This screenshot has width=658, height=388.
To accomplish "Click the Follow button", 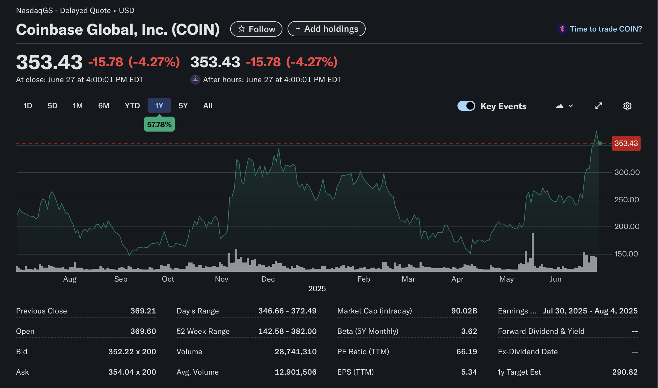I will click(x=256, y=29).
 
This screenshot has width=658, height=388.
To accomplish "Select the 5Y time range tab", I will click(x=183, y=106).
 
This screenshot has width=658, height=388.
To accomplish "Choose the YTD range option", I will click(x=132, y=106).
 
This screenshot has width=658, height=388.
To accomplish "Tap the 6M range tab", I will click(x=104, y=106).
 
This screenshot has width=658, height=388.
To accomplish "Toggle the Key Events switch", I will click(x=466, y=106).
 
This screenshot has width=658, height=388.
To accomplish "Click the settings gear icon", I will click(x=627, y=106).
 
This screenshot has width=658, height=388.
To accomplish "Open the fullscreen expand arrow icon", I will click(x=598, y=106).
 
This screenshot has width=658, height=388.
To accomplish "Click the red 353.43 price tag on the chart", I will click(x=626, y=143).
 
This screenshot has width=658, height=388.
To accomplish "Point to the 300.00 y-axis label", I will click(x=627, y=172).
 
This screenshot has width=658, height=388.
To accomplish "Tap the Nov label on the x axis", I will click(x=222, y=279).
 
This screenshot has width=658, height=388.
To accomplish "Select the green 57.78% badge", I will click(x=159, y=125).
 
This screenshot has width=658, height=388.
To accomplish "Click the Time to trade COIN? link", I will click(x=606, y=29).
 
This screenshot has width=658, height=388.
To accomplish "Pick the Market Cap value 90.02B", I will click(x=464, y=311).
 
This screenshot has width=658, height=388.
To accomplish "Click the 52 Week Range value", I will click(x=287, y=331).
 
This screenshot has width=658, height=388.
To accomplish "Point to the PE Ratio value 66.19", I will click(x=467, y=352).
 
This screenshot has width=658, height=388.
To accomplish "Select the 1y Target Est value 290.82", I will click(x=625, y=372).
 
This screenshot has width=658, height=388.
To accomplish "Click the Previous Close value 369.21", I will click(x=143, y=311).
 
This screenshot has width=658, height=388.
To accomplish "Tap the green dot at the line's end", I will click(x=600, y=143).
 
